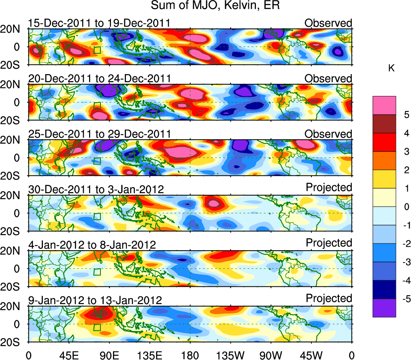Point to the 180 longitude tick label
[190, 355]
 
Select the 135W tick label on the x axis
[231, 355]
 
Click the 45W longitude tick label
[312, 355]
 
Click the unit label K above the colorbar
[391, 68]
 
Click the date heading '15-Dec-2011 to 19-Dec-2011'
[99, 23]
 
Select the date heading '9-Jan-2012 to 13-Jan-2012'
[95, 300]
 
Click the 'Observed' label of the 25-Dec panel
[328, 134]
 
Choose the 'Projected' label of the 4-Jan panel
[329, 243]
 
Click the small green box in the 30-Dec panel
[97, 216]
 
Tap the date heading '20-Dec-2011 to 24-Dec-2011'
[99, 79]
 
